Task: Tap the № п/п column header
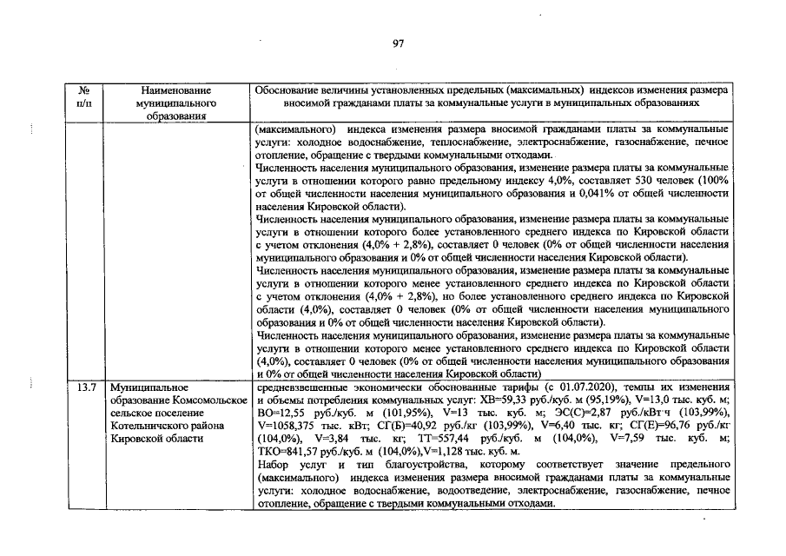pyautogui.click(x=85, y=96)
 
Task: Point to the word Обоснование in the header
pyautogui.click(x=287, y=89)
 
